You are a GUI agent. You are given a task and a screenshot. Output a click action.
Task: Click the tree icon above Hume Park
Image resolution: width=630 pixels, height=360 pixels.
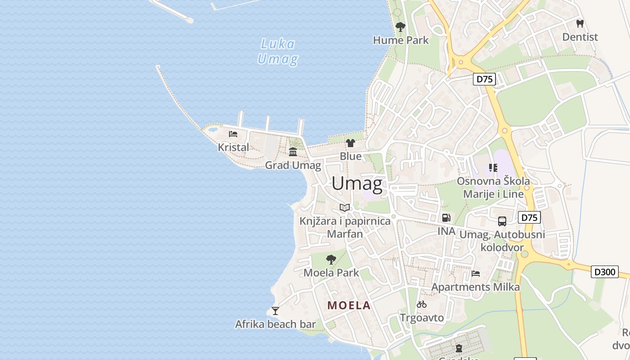pyautogui.click(x=400, y=27)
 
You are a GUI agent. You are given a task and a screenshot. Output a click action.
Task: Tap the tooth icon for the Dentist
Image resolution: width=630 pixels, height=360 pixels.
pyautogui.click(x=580, y=23)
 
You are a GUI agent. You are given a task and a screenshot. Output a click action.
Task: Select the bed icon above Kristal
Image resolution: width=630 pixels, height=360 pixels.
pyautogui.click(x=233, y=134)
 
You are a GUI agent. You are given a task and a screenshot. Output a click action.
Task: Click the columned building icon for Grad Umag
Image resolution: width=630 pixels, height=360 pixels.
pyautogui.click(x=293, y=152)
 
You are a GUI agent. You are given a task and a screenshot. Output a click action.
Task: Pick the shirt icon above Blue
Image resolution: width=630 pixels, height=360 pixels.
pyautogui.click(x=350, y=143)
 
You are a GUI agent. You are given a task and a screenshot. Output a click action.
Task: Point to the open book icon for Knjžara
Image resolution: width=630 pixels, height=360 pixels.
pyautogui.click(x=345, y=207)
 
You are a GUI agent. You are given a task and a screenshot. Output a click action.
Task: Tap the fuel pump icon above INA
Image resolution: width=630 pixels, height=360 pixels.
pyautogui.click(x=446, y=218)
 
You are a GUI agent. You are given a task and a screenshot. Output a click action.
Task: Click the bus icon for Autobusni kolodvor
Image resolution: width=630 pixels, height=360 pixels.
pyautogui.click(x=502, y=221)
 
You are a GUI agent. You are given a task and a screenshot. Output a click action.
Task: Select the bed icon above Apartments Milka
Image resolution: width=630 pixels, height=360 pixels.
pyautogui.click(x=476, y=273)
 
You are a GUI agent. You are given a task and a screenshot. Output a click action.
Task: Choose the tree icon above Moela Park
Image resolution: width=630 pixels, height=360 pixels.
pyautogui.click(x=331, y=259)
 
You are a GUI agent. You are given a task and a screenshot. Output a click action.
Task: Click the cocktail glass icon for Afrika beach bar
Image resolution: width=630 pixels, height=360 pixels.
pyautogui.click(x=275, y=310)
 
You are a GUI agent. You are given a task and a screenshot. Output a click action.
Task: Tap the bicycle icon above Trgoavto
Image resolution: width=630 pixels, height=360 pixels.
pyautogui.click(x=422, y=304)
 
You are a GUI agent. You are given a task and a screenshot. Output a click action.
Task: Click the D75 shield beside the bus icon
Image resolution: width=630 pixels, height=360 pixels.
pyautogui.click(x=529, y=218)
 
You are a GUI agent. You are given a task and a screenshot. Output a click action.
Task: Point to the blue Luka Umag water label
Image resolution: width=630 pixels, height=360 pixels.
pyautogui.click(x=277, y=51)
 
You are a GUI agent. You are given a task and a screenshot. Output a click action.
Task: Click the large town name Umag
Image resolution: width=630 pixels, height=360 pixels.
pyautogui.click(x=357, y=184)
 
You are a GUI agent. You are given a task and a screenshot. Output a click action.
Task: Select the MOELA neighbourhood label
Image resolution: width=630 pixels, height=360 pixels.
pyautogui.click(x=349, y=306)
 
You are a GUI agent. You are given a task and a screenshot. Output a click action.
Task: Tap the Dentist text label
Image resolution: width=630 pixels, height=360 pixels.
pyautogui.click(x=580, y=37)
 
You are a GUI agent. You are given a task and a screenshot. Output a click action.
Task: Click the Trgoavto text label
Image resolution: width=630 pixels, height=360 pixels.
pyautogui.click(x=422, y=318)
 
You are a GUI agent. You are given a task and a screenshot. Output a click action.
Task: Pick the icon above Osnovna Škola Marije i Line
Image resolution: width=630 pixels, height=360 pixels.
pyautogui.click(x=493, y=168)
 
